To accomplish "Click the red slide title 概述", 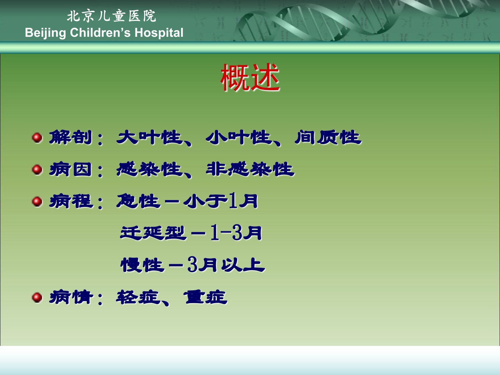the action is [x=250, y=77].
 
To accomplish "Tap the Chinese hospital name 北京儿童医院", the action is [x=111, y=16].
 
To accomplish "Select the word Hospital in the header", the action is [x=159, y=33].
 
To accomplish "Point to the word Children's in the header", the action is [x=100, y=33].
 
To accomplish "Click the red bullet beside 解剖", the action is [x=37, y=138].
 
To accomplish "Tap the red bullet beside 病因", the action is [x=37, y=170].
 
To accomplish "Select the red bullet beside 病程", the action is [x=37, y=202].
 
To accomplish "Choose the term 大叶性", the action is [x=149, y=137].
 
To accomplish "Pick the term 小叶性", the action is [x=239, y=137].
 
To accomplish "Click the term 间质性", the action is [x=328, y=137].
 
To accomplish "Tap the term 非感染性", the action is [x=250, y=169].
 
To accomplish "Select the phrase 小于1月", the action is [x=220, y=201].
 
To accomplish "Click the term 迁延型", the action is [x=153, y=233].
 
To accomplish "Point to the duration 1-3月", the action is [x=236, y=233].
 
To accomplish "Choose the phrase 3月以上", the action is [x=226, y=265].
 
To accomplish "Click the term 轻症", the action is [x=138, y=297].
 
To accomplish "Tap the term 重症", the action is [x=205, y=297].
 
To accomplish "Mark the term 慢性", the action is [x=142, y=265].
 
